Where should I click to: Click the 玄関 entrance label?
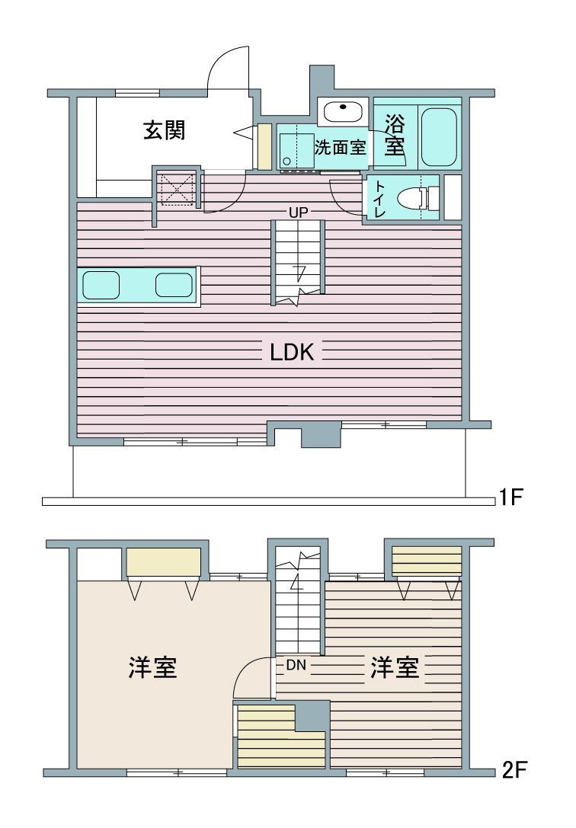[x=165, y=130]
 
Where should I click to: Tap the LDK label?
[x=292, y=352]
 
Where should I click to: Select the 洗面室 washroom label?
[x=340, y=147]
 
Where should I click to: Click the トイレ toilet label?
[x=379, y=199]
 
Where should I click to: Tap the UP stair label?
[x=299, y=213]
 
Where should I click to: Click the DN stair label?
[x=296, y=665]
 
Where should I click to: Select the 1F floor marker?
[x=511, y=497]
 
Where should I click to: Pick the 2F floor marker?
[x=514, y=770]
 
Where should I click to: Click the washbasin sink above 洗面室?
[x=343, y=112]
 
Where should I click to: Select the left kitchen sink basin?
[x=101, y=285]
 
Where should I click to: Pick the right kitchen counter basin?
[x=174, y=285]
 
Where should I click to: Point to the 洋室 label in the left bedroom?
[x=152, y=667]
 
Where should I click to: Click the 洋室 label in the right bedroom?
[x=395, y=667]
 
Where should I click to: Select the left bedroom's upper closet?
[x=164, y=562]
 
